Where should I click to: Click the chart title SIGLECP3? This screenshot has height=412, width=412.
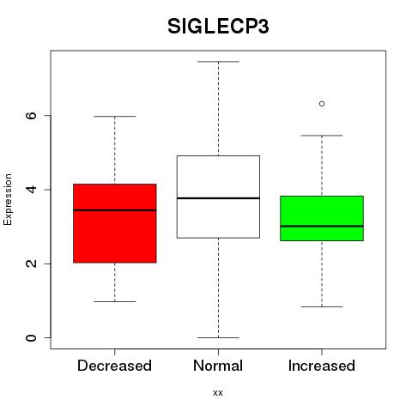[218, 27]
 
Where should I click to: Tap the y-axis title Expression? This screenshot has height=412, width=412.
[8, 199]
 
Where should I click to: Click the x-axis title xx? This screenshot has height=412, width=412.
[218, 393]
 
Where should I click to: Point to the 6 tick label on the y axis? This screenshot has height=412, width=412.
[32, 115]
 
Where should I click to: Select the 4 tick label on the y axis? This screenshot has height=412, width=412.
[32, 190]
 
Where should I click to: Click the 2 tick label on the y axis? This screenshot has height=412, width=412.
[32, 264]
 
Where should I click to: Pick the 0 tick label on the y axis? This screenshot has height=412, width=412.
[32, 337]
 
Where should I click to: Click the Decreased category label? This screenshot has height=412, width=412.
[114, 366]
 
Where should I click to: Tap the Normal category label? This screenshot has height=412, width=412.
[218, 366]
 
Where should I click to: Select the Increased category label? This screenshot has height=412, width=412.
[322, 366]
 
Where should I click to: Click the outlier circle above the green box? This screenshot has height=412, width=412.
[322, 104]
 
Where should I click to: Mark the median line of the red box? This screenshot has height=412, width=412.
[115, 210]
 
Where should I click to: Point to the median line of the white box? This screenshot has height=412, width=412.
[218, 198]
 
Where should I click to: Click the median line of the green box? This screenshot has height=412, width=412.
[322, 226]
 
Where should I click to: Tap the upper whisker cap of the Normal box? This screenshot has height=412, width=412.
[218, 62]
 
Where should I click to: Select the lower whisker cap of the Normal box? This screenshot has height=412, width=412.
[218, 337]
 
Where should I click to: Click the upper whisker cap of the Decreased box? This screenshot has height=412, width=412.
[115, 117]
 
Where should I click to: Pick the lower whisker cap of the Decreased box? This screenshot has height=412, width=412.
[115, 301]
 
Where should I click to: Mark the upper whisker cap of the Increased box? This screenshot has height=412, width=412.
[322, 136]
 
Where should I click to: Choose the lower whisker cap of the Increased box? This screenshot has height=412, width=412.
[322, 306]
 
